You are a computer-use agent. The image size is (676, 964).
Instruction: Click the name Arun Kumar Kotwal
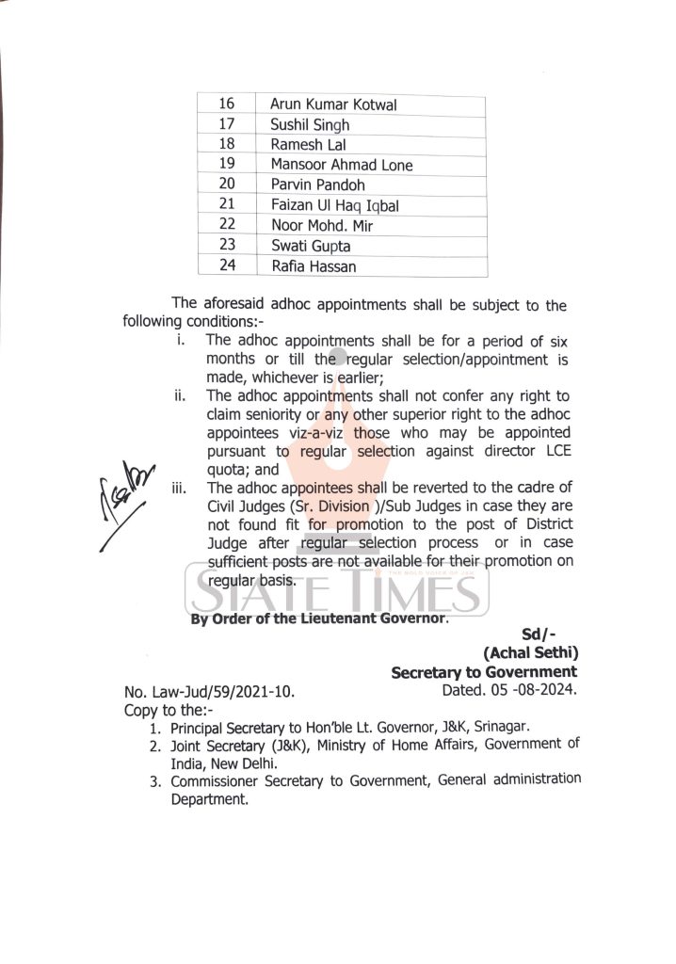tap(333, 104)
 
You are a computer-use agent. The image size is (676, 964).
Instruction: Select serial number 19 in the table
tap(226, 165)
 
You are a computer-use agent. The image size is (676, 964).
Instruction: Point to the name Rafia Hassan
tap(314, 266)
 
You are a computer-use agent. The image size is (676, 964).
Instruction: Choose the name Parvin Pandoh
tap(317, 185)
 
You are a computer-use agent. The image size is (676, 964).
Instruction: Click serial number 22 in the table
tap(226, 225)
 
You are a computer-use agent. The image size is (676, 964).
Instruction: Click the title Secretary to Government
tap(484, 671)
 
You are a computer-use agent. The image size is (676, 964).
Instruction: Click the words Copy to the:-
tap(169, 710)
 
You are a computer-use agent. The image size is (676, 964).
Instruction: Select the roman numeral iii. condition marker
tap(178, 488)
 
